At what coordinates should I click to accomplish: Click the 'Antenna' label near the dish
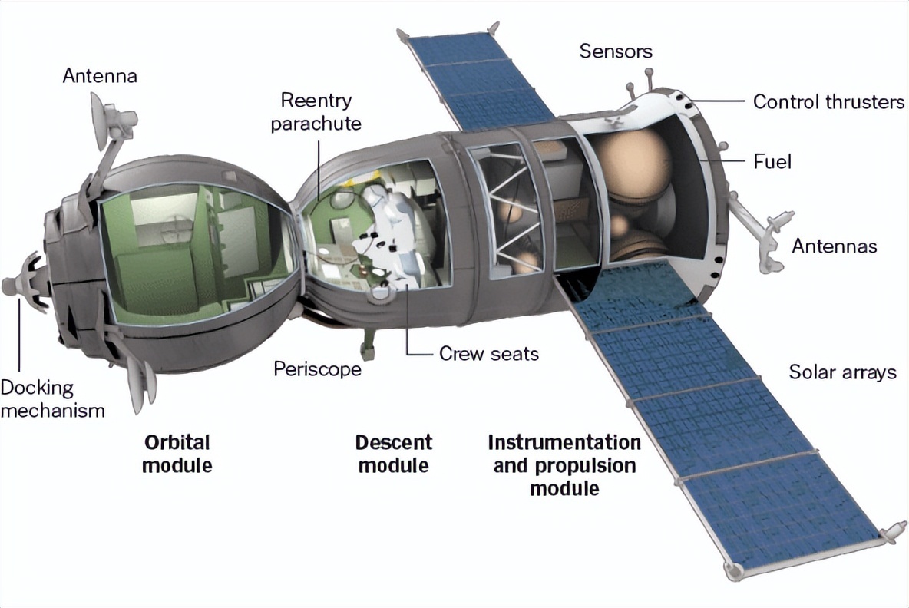pos(100,76)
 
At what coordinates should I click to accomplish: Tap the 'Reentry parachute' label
pos(316,112)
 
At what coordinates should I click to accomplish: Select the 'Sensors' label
pos(616,51)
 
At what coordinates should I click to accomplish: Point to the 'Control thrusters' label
pos(828,102)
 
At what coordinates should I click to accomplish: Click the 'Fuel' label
pos(772,161)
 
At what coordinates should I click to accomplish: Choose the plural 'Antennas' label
pos(835,246)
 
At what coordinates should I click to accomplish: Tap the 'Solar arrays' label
pos(842,372)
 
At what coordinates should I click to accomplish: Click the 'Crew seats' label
pos(489,354)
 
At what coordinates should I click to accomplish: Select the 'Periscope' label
pos(317,369)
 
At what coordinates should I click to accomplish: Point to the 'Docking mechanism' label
pos(53,398)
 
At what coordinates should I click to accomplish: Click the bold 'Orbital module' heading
pos(177,454)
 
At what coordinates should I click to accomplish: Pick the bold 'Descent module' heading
pos(394,454)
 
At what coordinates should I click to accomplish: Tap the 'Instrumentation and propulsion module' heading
pos(564,465)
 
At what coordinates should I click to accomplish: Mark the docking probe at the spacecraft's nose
pos(23,280)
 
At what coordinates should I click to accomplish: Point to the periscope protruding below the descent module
pos(368,342)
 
